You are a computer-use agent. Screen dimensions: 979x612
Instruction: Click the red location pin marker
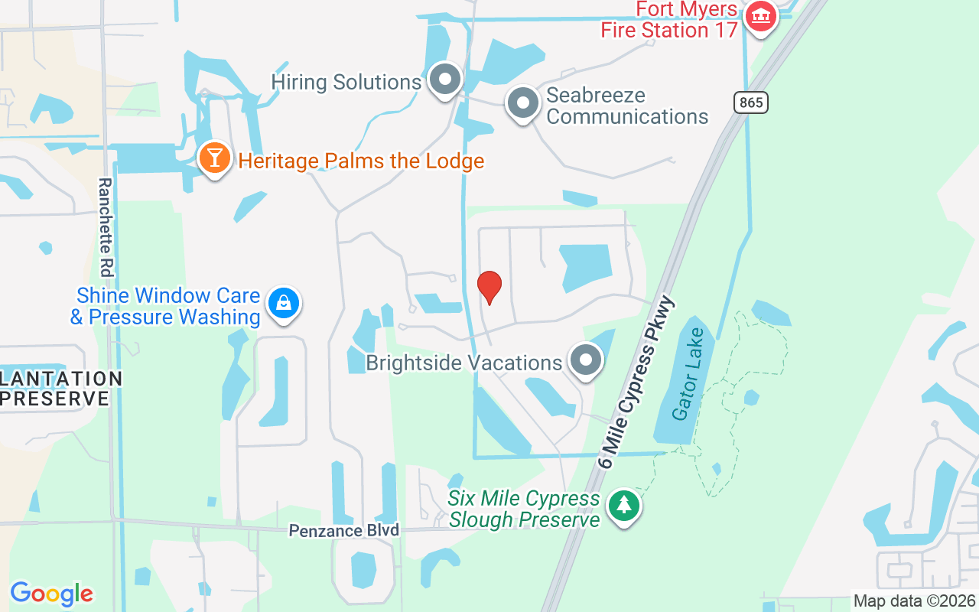point(489,287)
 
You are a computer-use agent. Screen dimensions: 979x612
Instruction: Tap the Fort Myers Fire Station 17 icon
point(760,15)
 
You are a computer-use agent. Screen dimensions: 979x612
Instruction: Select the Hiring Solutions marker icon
point(444,80)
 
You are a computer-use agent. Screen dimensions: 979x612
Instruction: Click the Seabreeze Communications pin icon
point(523,103)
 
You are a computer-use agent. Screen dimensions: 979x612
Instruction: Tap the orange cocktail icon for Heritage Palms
point(216,158)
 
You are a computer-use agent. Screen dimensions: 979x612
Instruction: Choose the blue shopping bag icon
point(284,304)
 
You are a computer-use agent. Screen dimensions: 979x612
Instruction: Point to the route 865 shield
point(751,103)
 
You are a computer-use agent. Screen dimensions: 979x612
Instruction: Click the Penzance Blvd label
point(344,530)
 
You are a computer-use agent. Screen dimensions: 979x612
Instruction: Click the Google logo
point(51,594)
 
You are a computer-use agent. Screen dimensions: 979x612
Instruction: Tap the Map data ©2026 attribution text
point(914,601)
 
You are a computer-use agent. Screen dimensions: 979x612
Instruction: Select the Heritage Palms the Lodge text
point(361,161)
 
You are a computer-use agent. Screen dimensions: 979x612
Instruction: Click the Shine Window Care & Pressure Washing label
point(167,306)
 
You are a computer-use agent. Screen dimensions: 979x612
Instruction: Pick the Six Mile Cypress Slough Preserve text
point(525,509)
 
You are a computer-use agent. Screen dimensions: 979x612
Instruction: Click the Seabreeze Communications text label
point(627,106)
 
